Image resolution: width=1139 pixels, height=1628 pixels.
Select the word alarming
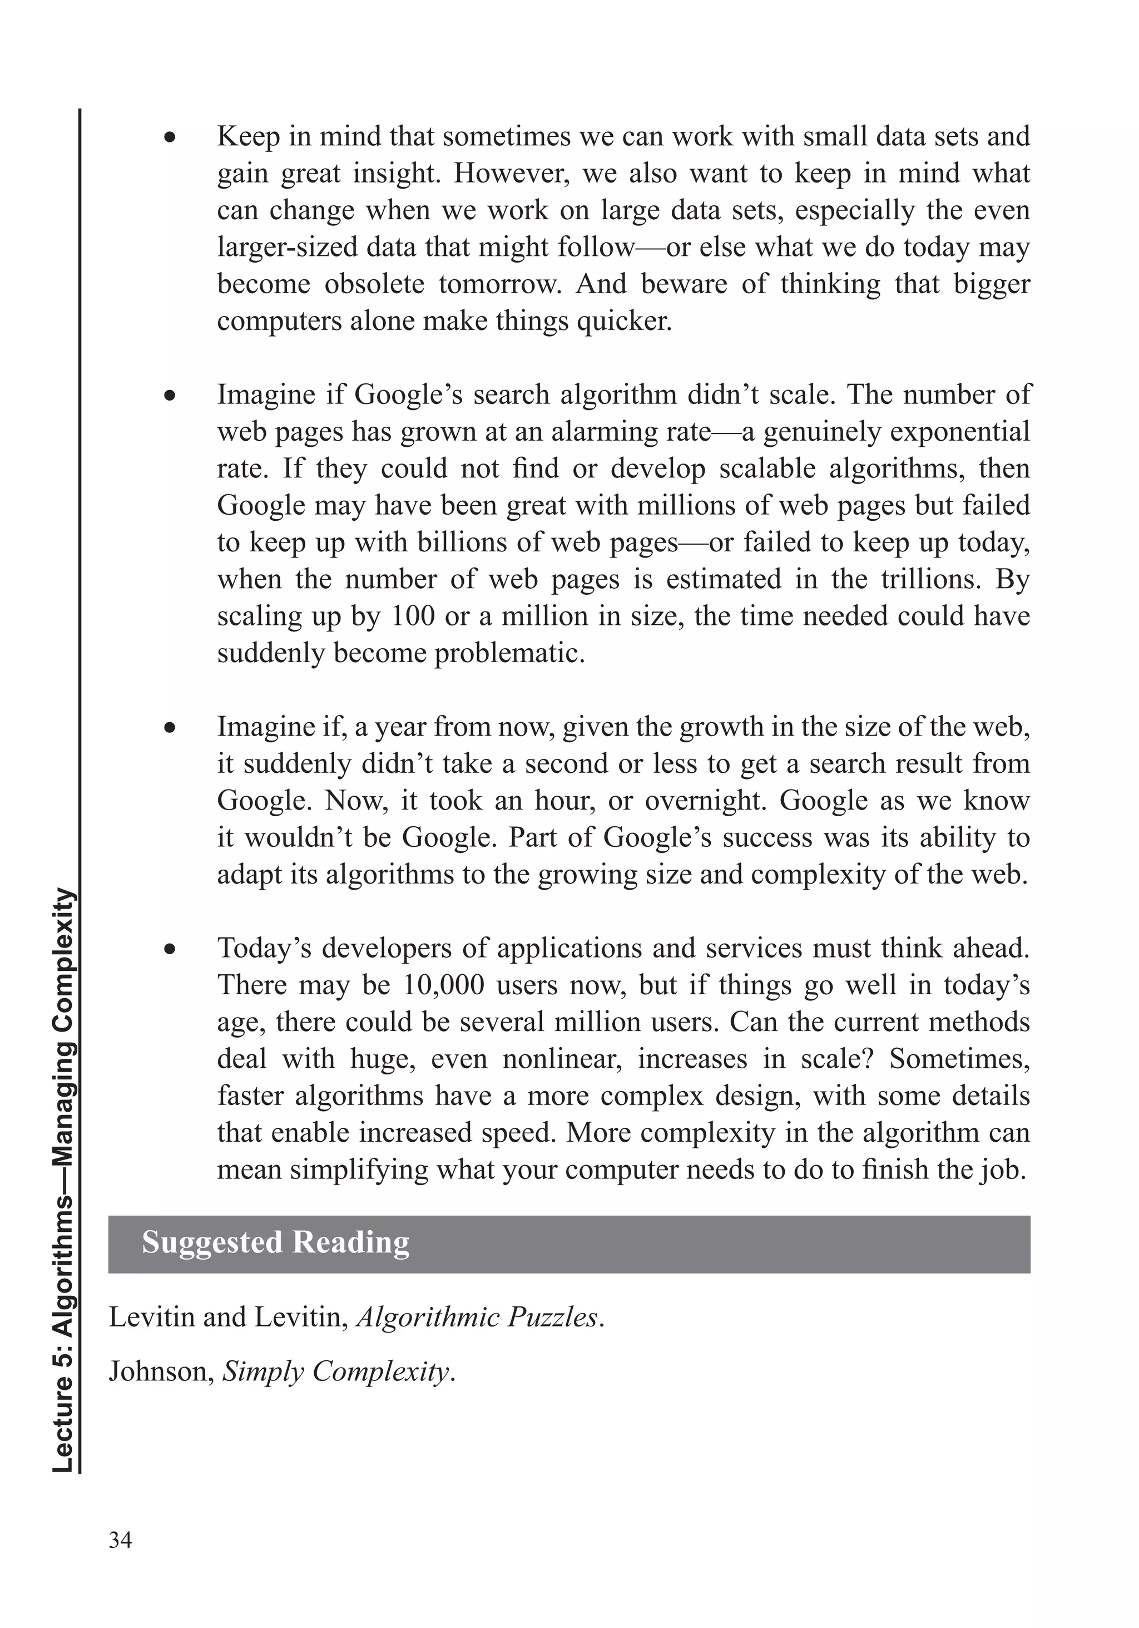(x=602, y=432)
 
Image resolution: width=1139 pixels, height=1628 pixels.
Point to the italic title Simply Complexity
(x=336, y=1372)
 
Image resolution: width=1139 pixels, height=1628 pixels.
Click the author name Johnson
(x=160, y=1372)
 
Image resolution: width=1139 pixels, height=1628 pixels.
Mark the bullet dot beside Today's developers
(x=170, y=949)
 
